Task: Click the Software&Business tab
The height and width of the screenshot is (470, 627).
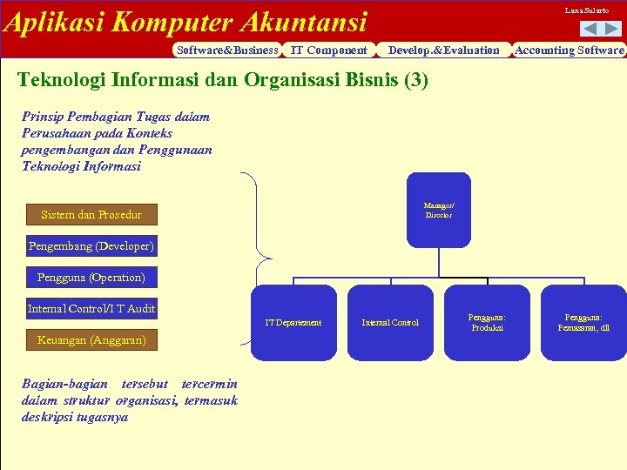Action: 226,50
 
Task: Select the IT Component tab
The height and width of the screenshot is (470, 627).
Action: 328,50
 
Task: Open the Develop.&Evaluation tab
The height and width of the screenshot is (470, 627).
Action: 443,50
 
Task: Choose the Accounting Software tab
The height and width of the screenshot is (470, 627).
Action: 569,50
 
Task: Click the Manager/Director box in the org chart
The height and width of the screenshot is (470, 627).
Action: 438,210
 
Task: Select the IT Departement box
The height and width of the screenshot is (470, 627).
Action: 293,323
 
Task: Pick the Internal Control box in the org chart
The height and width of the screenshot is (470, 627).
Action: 390,323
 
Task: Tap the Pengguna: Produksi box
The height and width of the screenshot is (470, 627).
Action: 487,323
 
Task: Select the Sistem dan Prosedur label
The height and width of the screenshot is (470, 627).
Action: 91,214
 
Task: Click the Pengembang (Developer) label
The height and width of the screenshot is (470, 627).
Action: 91,246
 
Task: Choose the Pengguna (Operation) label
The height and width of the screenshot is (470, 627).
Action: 91,278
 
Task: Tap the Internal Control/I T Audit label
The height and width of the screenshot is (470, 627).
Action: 91,308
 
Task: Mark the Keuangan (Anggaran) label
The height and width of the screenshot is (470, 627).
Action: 91,339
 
